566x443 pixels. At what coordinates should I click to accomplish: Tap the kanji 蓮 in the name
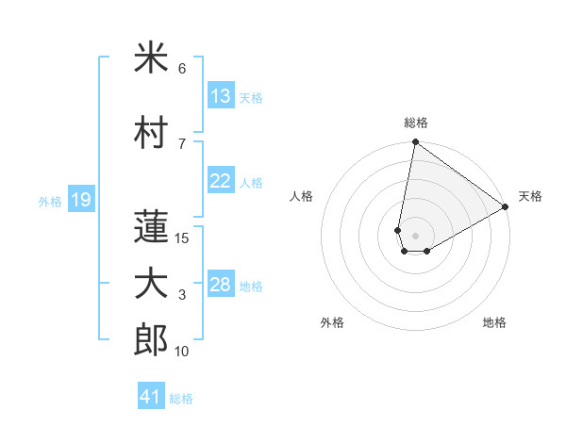point(151,226)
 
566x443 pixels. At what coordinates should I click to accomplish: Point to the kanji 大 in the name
point(151,286)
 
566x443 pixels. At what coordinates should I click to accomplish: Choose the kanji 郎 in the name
point(151,339)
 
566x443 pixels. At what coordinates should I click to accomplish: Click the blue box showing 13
point(221,96)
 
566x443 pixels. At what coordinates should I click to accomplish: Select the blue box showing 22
point(221,181)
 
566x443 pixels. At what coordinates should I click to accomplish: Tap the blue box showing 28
point(221,285)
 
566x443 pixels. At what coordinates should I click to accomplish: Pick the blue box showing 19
point(80,199)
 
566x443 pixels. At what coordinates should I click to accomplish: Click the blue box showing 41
point(151,397)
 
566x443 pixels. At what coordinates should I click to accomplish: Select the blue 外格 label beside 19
point(49,201)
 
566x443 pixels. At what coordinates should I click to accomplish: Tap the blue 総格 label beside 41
point(181,399)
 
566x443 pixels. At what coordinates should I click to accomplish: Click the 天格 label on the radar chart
point(530,196)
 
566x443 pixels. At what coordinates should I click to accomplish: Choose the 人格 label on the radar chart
point(302,196)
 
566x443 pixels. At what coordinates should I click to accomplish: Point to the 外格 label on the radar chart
point(332,322)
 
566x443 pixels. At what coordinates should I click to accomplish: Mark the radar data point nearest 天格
point(506,207)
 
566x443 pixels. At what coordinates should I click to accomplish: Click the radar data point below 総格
point(415,143)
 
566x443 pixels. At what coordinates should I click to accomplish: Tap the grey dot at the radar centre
point(415,234)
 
